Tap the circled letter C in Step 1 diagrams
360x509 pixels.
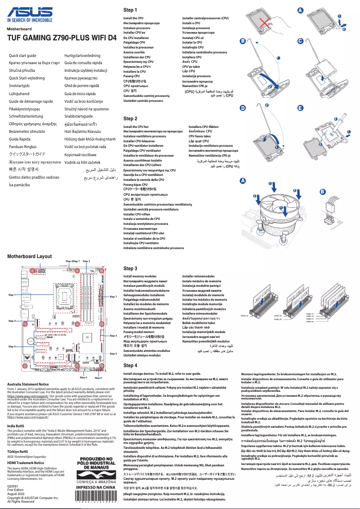click(x=300, y=41)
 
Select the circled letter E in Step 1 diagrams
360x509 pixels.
click(x=300, y=108)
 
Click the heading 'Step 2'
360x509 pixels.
click(x=130, y=118)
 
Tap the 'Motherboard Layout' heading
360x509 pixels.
click(x=30, y=256)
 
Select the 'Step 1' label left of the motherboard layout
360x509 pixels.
click(x=13, y=294)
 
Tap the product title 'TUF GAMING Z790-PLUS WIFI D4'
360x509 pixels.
click(x=60, y=39)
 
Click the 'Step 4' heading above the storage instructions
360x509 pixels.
click(x=130, y=365)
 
